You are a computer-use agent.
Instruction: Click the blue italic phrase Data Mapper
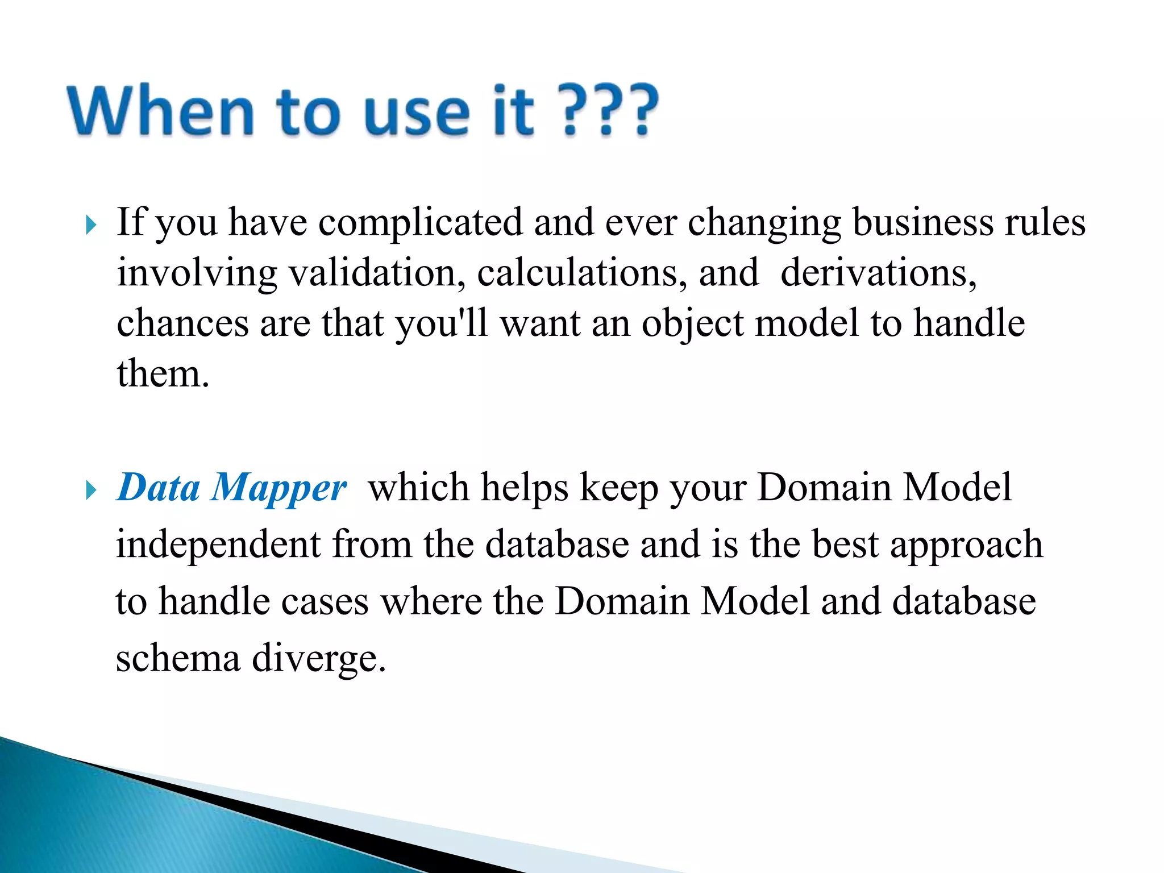tap(231, 488)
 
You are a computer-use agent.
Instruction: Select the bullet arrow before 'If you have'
tap(91, 225)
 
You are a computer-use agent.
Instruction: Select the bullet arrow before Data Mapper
tap(91, 490)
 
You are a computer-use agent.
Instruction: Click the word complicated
tap(420, 223)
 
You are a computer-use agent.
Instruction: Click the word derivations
tap(878, 273)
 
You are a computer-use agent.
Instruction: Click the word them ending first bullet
tap(163, 374)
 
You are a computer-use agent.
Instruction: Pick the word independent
tap(218, 544)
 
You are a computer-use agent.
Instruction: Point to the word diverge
tap(318, 659)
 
